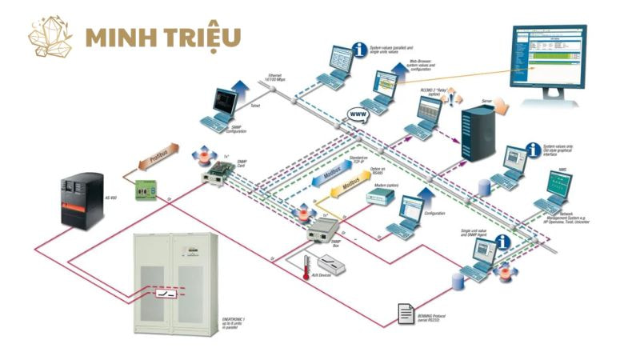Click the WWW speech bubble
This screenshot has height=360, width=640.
pos(358,114)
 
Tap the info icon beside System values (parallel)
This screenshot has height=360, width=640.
pos(374,50)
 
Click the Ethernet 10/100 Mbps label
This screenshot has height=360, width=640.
pos(274,78)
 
